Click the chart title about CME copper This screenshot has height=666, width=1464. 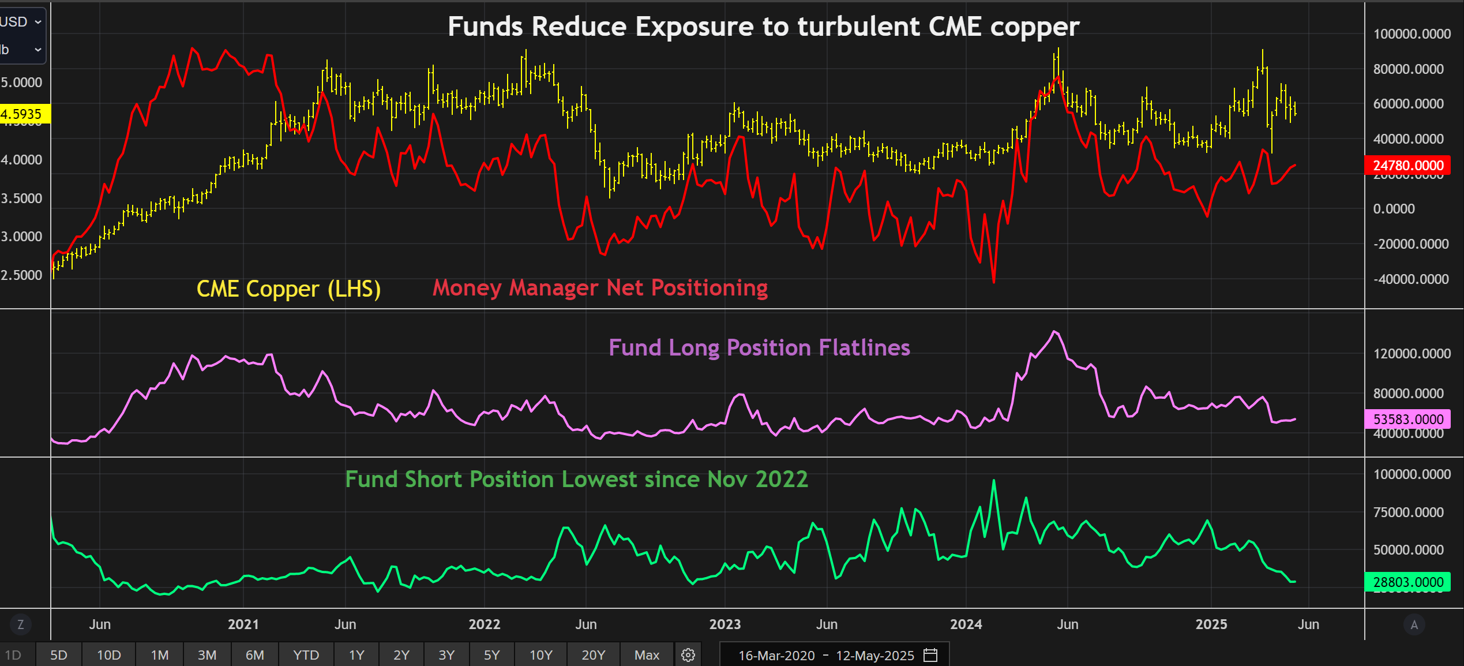tap(763, 27)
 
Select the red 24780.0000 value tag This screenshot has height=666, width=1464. tap(1407, 166)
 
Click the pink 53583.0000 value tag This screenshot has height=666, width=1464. tap(1407, 419)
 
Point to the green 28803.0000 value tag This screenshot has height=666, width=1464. tap(1407, 582)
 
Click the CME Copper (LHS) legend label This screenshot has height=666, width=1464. tap(288, 289)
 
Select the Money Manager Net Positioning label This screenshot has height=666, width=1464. tap(600, 287)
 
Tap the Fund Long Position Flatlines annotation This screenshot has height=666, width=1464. tap(759, 348)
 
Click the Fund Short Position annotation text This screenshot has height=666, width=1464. tap(576, 480)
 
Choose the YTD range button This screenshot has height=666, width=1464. tap(306, 655)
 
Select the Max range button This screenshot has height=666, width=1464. tap(647, 655)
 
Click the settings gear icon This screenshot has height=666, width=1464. tap(688, 655)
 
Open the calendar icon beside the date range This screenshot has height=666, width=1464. tap(930, 655)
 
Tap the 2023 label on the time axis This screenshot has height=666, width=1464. tap(725, 624)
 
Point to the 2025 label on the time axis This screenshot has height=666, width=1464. tap(1211, 624)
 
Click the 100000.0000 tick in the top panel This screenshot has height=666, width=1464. tap(1412, 34)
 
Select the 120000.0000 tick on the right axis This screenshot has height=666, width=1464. tap(1412, 354)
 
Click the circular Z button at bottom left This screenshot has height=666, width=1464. tap(21, 624)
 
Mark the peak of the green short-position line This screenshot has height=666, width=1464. tap(994, 480)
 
